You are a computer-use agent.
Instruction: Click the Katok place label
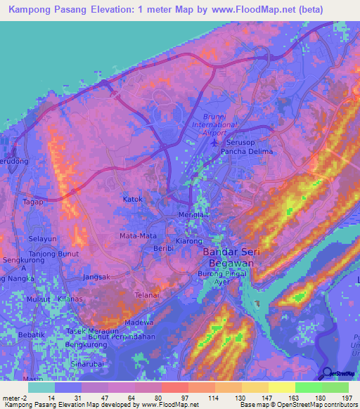[133, 199]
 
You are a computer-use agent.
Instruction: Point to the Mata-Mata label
[138, 235]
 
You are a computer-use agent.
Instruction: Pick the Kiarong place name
[188, 240]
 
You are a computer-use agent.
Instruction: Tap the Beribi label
[163, 249]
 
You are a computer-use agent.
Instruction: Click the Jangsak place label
[96, 277]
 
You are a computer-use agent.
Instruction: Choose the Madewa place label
[138, 322]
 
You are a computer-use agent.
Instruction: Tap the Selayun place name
[42, 239]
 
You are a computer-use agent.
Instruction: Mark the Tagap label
[32, 202]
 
